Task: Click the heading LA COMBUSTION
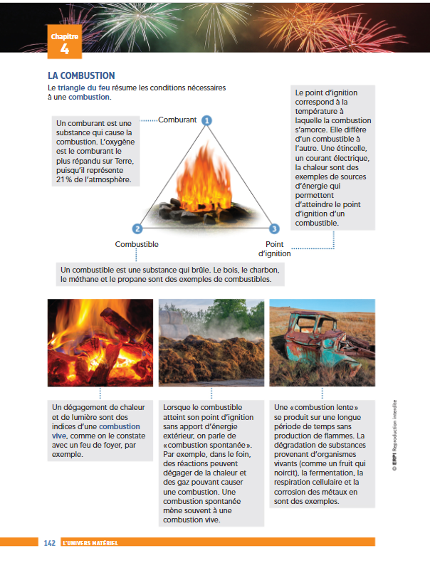point(81,75)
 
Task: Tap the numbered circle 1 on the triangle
point(206,120)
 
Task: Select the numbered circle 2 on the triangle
point(137,228)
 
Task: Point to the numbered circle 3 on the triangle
point(274,228)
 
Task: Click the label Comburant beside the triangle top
point(177,120)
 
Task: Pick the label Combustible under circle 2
point(137,244)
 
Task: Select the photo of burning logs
point(100,342)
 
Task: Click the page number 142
point(49,542)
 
